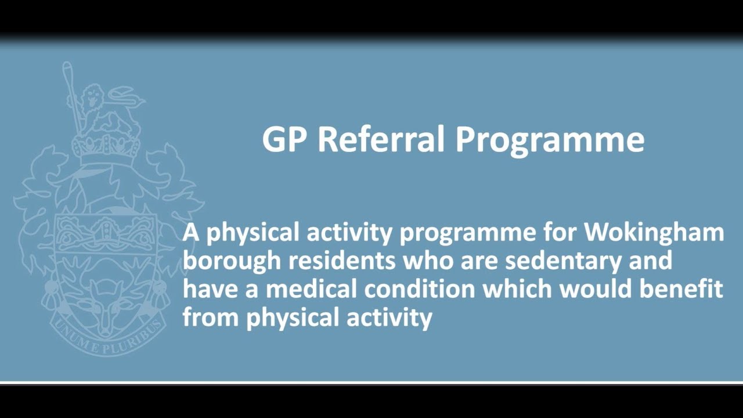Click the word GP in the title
[284, 139]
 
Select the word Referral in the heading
[381, 139]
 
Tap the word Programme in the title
[549, 140]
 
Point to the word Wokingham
[654, 233]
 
